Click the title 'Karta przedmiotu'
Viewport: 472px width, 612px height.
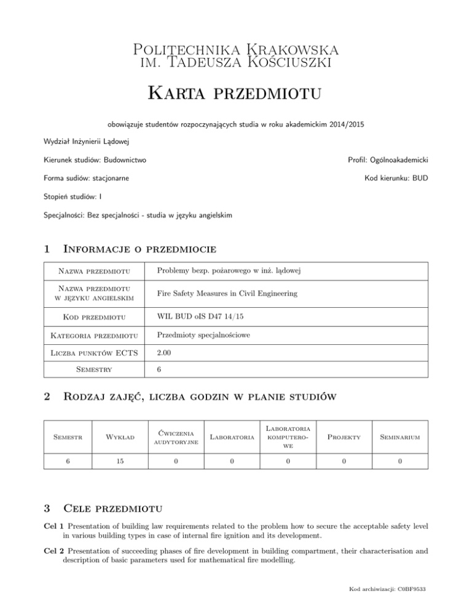click(235, 96)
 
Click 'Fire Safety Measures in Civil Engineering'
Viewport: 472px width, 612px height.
click(227, 294)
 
